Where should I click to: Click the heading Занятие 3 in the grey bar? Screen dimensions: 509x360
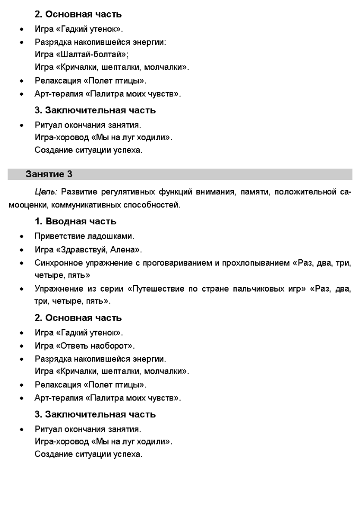pos(49,174)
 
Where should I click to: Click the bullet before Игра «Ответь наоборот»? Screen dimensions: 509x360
pos(21,347)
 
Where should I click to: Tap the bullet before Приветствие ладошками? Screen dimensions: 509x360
pos(21,237)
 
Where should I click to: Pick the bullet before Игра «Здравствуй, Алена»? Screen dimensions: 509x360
pos(21,250)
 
